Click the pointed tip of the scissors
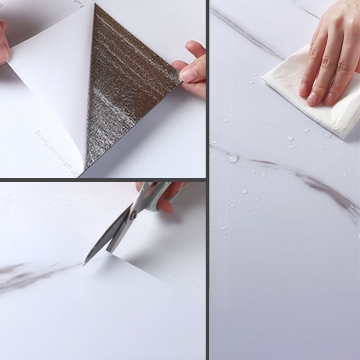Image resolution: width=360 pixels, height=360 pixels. [84, 265]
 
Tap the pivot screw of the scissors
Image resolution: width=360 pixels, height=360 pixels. [133, 215]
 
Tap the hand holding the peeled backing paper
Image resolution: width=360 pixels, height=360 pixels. [4, 43]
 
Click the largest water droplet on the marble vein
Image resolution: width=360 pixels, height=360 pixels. [233, 158]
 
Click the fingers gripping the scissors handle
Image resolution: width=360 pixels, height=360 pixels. [169, 198]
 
